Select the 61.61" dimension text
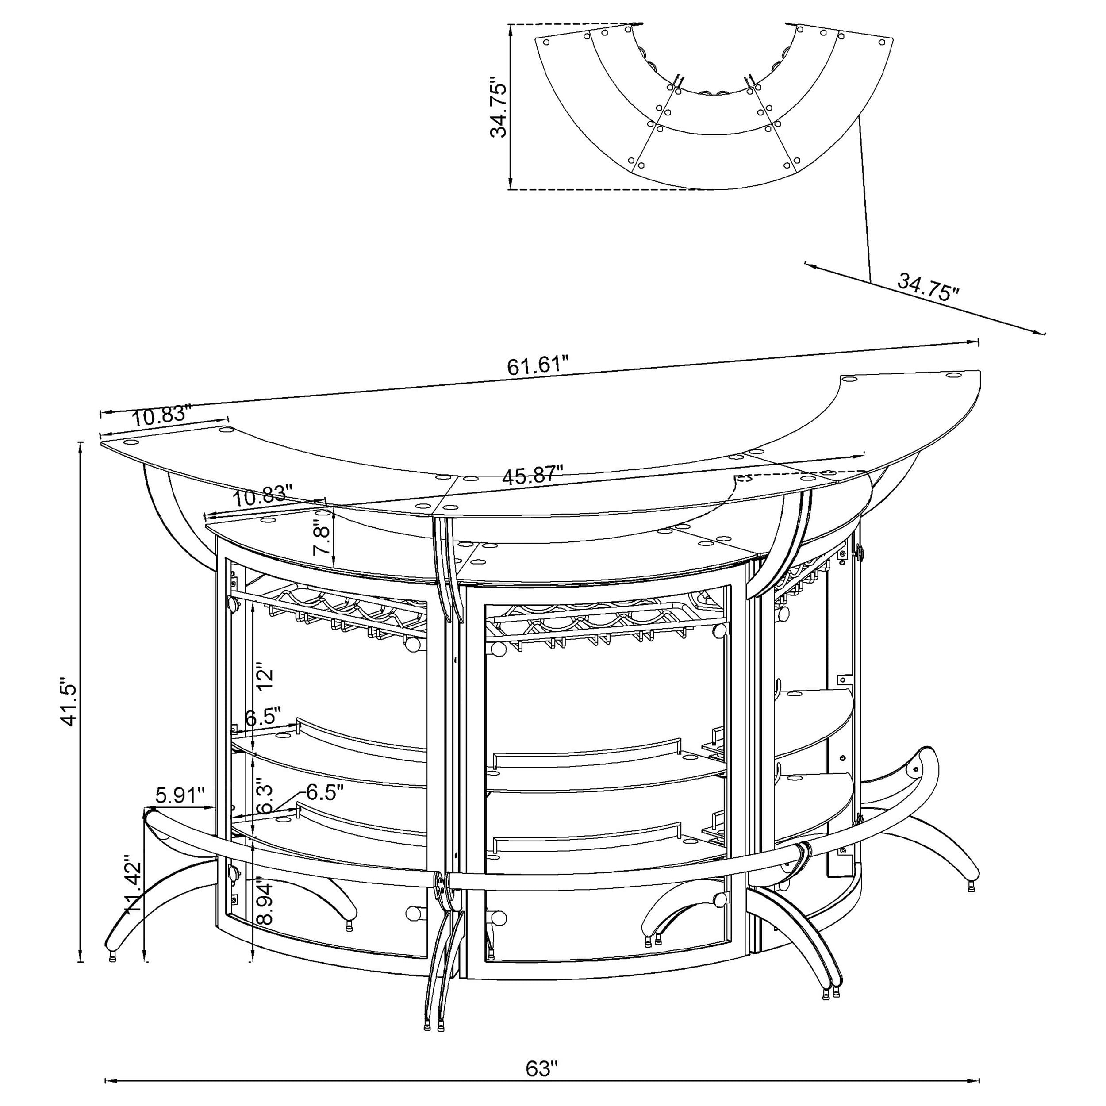(x=538, y=365)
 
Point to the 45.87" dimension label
(x=532, y=475)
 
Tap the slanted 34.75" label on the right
(x=927, y=287)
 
